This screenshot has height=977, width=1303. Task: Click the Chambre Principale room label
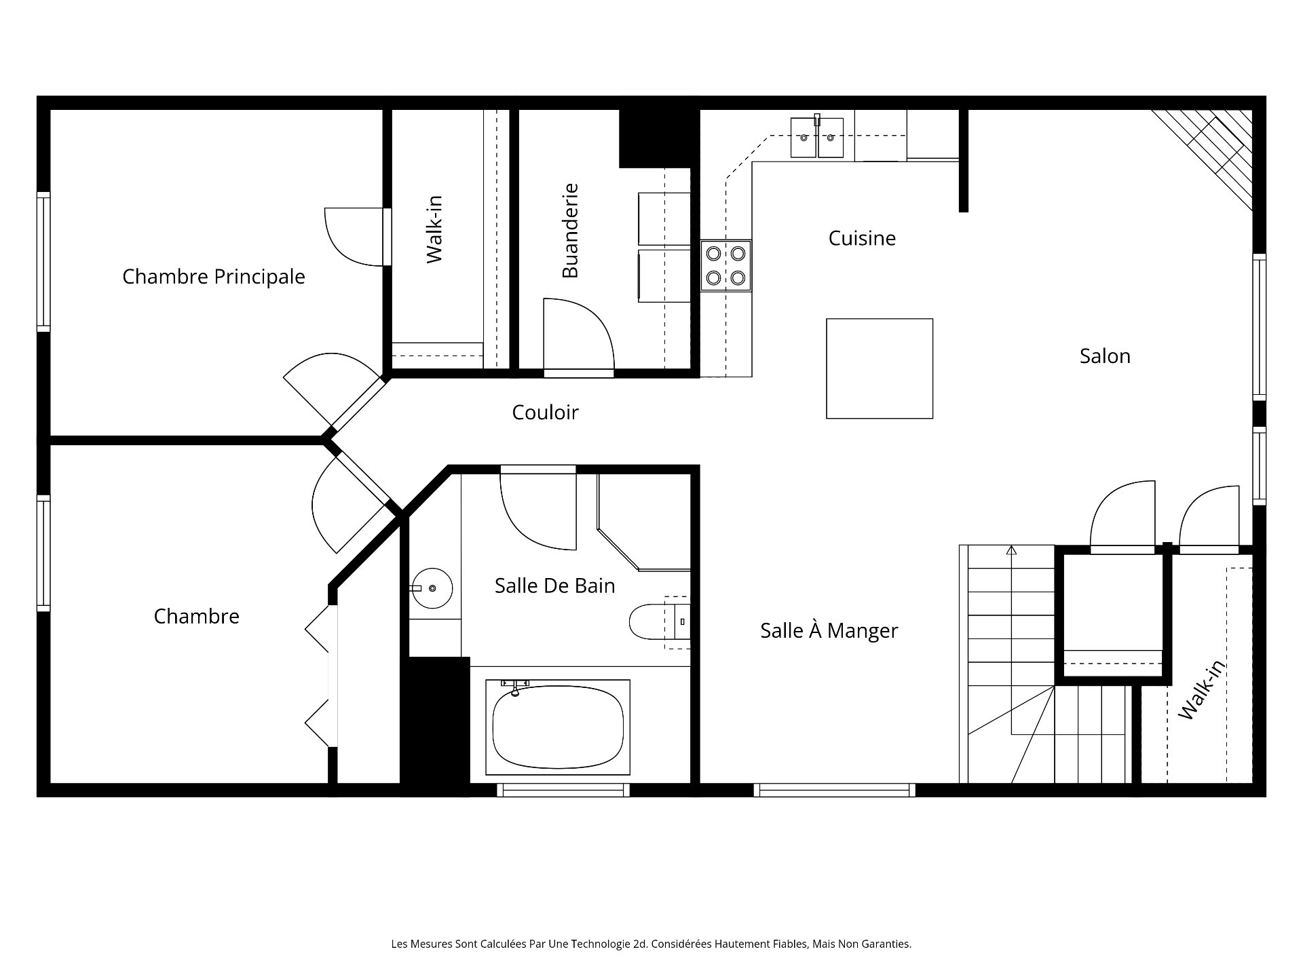pos(213,277)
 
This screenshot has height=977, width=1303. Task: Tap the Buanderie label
pos(570,231)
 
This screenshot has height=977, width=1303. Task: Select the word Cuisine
pos(862,238)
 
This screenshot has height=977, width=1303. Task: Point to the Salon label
pos(1105,356)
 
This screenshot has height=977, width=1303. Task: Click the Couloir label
pos(545,413)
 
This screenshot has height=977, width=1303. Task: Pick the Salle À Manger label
pos(829,631)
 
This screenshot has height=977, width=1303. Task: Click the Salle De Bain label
pos(554,586)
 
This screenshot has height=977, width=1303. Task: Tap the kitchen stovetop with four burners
pos(726,265)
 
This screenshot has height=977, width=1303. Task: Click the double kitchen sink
pos(817,138)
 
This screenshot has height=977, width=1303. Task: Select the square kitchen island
pos(879,368)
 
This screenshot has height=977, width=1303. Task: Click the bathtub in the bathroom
pos(558,728)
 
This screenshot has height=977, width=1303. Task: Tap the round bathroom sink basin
pos(432,588)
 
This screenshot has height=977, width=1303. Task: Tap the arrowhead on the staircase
pos(1012,550)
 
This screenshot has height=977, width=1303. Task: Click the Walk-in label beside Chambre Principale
pos(434,229)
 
